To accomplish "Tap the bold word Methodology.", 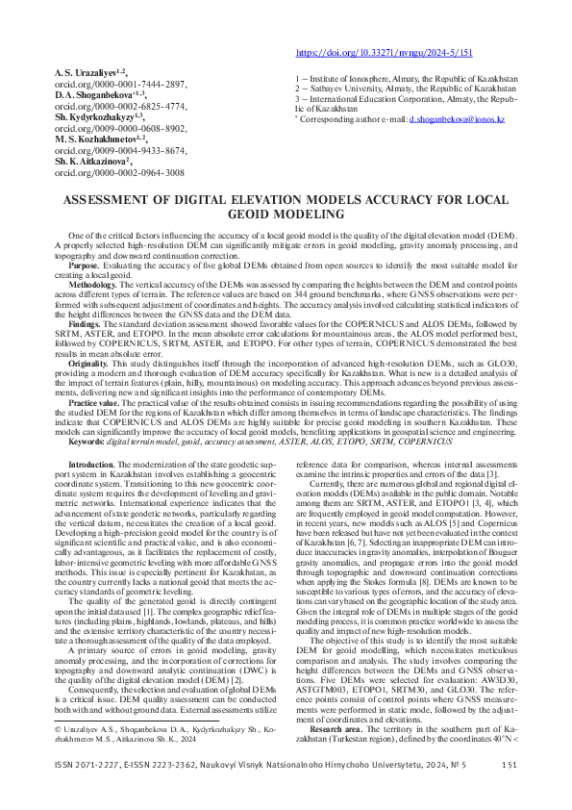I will (92, 286).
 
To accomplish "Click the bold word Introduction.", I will (96, 464).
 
